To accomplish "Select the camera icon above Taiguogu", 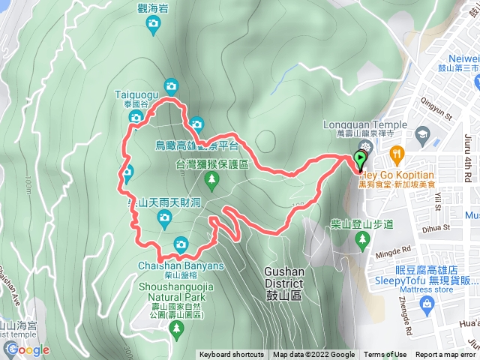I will (171, 85).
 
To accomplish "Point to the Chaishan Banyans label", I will (181, 265).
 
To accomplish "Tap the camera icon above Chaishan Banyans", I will (181, 244).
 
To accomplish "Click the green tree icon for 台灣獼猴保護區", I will (212, 179).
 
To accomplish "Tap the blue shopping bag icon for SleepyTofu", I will (427, 304).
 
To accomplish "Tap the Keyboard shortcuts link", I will (232, 355).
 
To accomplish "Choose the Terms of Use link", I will (385, 355).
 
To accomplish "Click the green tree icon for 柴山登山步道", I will (363, 238).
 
